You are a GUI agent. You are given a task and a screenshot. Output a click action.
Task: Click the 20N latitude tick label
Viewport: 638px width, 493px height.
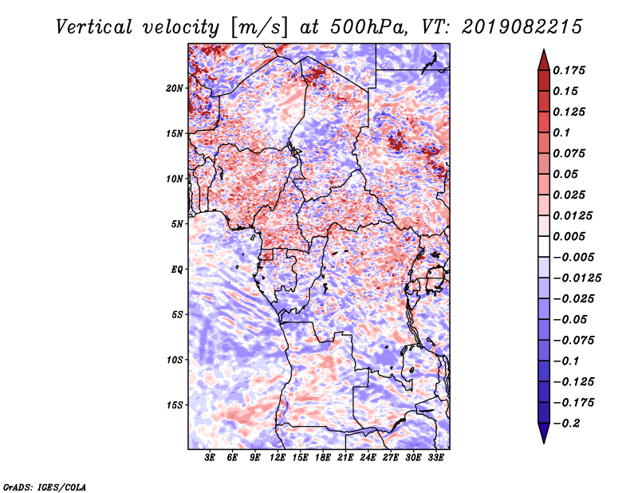175,89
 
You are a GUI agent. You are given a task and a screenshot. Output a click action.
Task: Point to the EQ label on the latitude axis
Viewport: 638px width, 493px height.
177,270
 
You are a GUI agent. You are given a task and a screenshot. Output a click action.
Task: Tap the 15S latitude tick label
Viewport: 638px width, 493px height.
175,405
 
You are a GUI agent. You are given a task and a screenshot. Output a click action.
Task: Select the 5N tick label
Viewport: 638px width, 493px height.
177,224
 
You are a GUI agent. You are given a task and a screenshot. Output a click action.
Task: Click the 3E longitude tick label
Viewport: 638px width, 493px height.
210,457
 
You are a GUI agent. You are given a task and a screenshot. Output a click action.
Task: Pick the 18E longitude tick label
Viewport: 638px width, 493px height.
323,457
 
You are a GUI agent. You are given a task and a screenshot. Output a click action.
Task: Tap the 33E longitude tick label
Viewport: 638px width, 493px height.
435,457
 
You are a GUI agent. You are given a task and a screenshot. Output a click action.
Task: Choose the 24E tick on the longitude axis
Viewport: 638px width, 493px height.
368,457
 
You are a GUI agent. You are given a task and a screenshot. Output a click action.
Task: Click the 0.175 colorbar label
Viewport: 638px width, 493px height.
569,70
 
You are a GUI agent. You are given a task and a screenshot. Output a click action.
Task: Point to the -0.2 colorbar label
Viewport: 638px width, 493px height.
566,424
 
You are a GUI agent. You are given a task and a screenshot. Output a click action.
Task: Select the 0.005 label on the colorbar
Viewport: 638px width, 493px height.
569,236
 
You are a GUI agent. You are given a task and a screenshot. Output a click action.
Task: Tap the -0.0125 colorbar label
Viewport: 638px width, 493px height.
577,278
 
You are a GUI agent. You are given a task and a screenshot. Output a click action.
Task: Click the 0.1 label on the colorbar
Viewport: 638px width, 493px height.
561,132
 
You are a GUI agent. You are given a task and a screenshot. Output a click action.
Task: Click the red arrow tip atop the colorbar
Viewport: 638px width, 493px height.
544,49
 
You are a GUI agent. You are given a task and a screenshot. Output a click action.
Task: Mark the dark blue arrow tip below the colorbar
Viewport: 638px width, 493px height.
544,443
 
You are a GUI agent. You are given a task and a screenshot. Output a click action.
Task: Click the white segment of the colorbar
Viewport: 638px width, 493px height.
544,246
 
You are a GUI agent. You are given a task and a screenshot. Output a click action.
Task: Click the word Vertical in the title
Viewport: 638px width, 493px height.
94,27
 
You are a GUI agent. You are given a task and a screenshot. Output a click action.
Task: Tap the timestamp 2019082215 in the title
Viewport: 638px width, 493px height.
522,27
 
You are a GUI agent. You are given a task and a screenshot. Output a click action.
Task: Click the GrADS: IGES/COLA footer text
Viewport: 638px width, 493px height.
45,487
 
